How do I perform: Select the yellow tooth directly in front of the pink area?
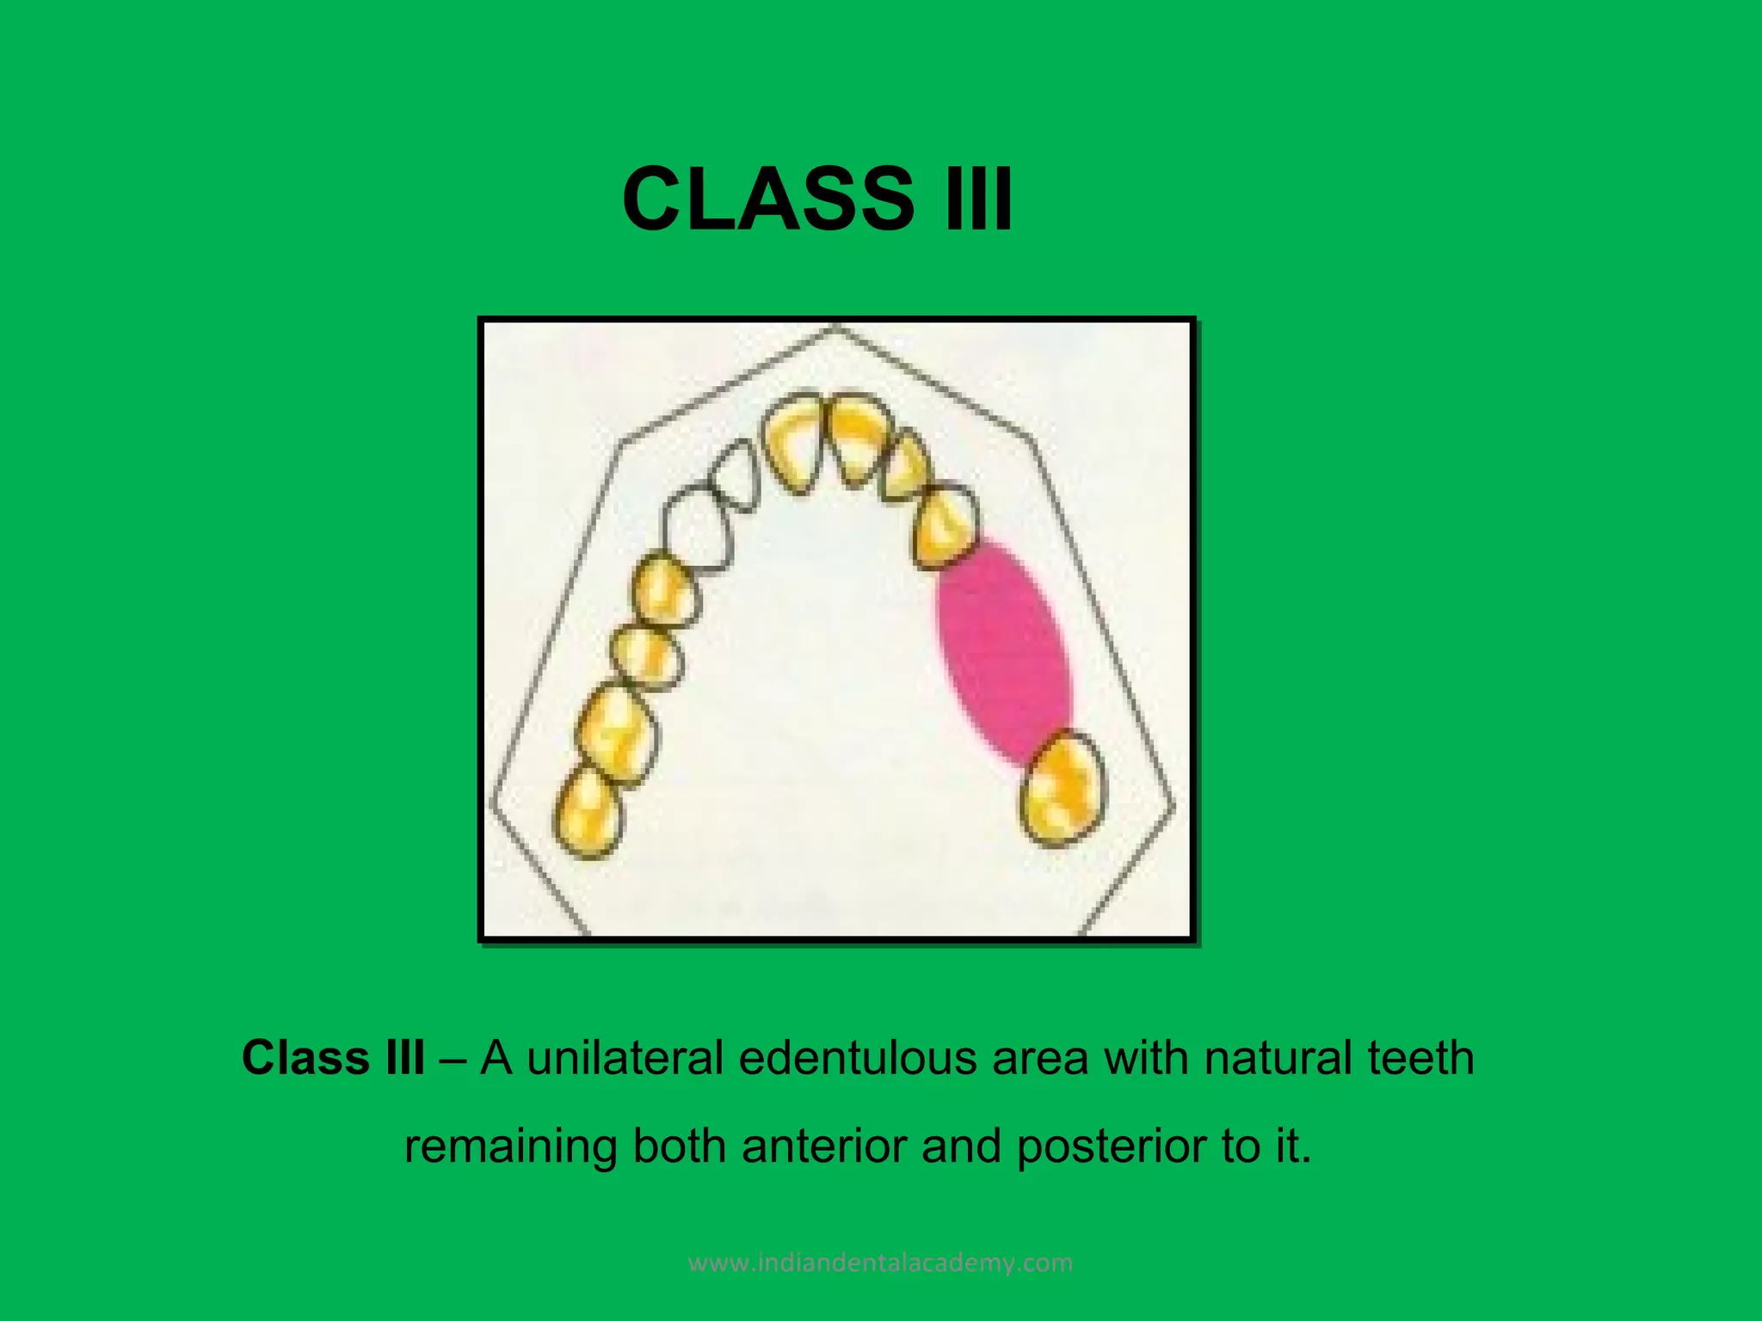pyautogui.click(x=945, y=526)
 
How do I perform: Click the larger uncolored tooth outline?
pyautogui.click(x=697, y=528)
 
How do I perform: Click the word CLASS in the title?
pyautogui.click(x=768, y=199)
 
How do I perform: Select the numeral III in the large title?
pyautogui.click(x=978, y=199)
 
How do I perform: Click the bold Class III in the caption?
pyautogui.click(x=333, y=1057)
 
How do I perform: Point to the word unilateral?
pyautogui.click(x=625, y=1057)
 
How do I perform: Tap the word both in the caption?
pyautogui.click(x=679, y=1146)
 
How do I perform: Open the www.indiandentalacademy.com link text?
pyautogui.click(x=881, y=1263)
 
